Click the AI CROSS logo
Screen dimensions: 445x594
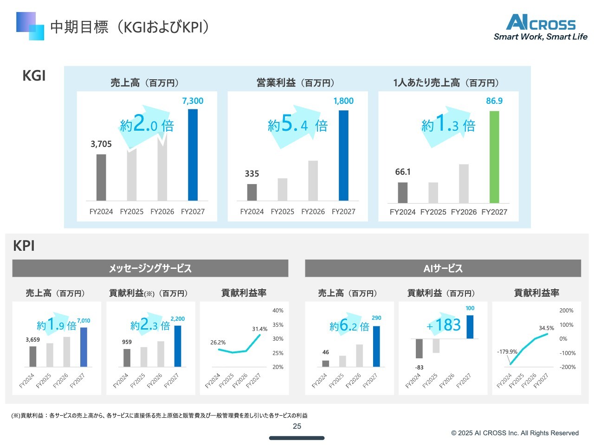coord(541,27)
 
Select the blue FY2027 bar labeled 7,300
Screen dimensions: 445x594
coord(193,155)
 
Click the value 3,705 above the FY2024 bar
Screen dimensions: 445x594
coord(101,144)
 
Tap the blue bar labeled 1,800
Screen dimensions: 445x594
coord(343,155)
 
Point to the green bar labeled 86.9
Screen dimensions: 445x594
coord(494,157)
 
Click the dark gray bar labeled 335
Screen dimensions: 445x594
coord(252,192)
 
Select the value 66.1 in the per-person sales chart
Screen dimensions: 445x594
coord(403,172)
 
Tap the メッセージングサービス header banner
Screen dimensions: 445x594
coord(150,268)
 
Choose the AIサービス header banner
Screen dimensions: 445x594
coord(443,268)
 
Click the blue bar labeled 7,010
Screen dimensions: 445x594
coord(84,347)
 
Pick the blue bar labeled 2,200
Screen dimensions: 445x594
coord(178,346)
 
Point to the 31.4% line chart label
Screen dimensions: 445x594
coord(260,329)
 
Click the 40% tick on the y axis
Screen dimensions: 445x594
coord(278,311)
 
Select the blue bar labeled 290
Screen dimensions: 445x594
coord(376,346)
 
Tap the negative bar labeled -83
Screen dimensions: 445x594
coord(419,349)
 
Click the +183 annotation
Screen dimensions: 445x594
coord(444,325)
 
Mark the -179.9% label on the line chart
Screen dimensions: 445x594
coord(507,352)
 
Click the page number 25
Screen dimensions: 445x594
coord(297,426)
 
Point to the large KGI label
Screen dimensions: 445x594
coord(34,76)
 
